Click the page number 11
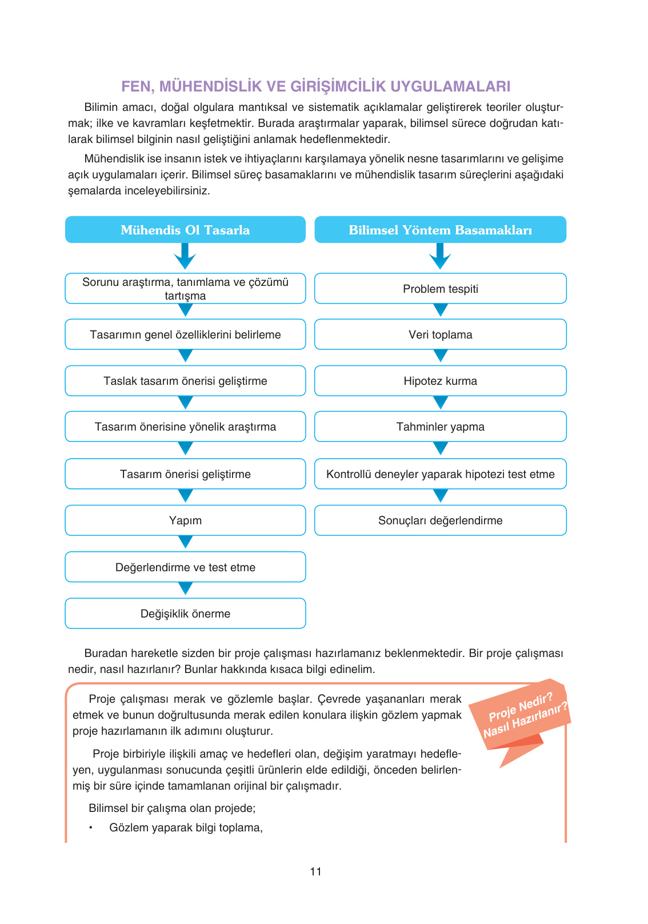pyautogui.click(x=315, y=871)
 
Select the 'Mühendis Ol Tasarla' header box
pyautogui.click(x=185, y=230)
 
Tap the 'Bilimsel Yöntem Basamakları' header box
pyautogui.click(x=440, y=230)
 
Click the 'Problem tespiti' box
pyautogui.click(x=440, y=289)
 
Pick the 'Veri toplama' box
pyautogui.click(x=440, y=334)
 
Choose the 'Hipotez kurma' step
pyautogui.click(x=440, y=381)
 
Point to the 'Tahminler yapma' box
pyautogui.click(x=440, y=427)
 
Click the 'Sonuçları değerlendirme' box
pyautogui.click(x=440, y=520)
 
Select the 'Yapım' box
pyautogui.click(x=185, y=520)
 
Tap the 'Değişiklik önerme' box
pyautogui.click(x=185, y=614)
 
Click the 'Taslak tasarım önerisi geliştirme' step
pyautogui.click(x=185, y=381)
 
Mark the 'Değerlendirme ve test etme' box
pyautogui.click(x=185, y=567)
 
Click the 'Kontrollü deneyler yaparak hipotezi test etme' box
pyautogui.click(x=440, y=474)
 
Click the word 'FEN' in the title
pyautogui.click(x=135, y=86)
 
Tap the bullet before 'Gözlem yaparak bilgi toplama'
pyautogui.click(x=90, y=828)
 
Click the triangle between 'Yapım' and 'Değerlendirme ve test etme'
pyautogui.click(x=185, y=541)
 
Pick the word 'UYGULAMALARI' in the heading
pyautogui.click(x=451, y=86)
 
